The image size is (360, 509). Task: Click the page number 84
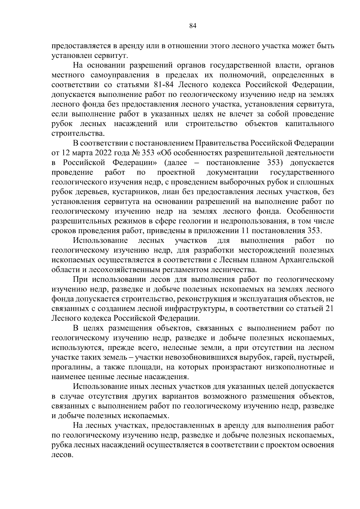pos(193,26)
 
